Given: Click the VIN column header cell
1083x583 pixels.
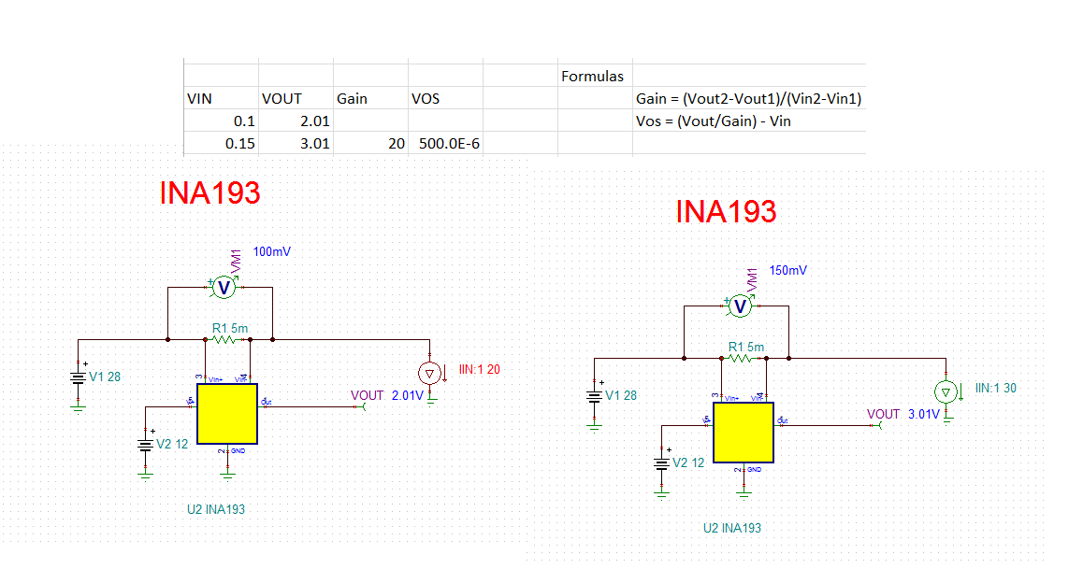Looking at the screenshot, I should click(x=200, y=98).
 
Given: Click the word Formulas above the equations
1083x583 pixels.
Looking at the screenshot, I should click(x=592, y=77).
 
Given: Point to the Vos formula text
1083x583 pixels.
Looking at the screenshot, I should click(x=713, y=121).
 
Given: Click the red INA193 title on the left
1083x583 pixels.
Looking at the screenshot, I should click(x=209, y=193).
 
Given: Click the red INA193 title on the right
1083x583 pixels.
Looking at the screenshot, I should click(x=726, y=212).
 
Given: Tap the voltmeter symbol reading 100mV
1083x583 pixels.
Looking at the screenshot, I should click(x=223, y=288).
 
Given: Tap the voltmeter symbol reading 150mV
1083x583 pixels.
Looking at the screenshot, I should click(x=739, y=306).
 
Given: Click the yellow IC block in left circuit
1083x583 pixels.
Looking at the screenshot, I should click(x=226, y=414).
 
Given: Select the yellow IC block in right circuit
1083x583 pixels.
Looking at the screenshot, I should click(x=743, y=433).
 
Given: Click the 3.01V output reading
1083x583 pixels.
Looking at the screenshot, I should click(x=923, y=414).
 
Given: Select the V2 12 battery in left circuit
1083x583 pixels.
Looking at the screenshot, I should click(x=145, y=445).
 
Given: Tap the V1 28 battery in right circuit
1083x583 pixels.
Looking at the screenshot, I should click(x=594, y=395).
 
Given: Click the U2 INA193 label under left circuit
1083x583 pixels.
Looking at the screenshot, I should click(x=216, y=509).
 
